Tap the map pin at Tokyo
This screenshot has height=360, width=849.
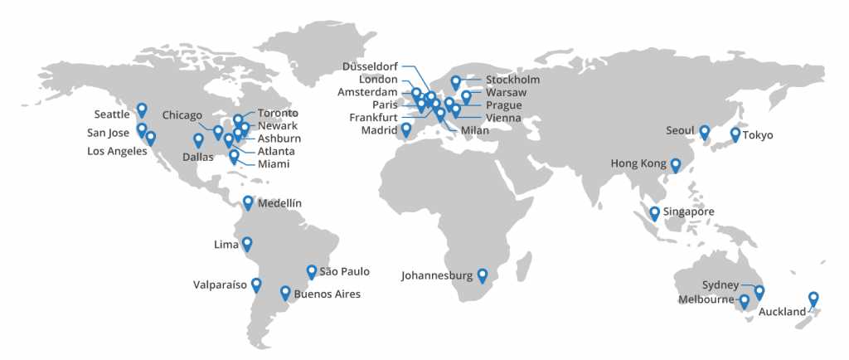(x=735, y=134)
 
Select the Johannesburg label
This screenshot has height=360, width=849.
(x=437, y=275)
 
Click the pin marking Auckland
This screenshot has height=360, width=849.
(x=813, y=298)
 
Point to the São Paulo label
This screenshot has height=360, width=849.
(x=344, y=271)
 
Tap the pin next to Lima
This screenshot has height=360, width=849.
(x=246, y=243)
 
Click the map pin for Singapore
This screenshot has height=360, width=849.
(x=655, y=212)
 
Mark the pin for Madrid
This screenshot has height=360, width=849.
(x=406, y=129)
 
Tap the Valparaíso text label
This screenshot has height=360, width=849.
(x=220, y=285)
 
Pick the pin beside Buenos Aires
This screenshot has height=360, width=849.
(x=285, y=292)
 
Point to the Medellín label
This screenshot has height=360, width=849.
(x=279, y=203)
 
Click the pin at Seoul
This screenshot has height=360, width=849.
(x=704, y=131)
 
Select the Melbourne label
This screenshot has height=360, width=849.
(x=706, y=299)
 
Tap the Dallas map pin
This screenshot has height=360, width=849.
(x=198, y=139)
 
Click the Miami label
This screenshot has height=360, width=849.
(x=274, y=164)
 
